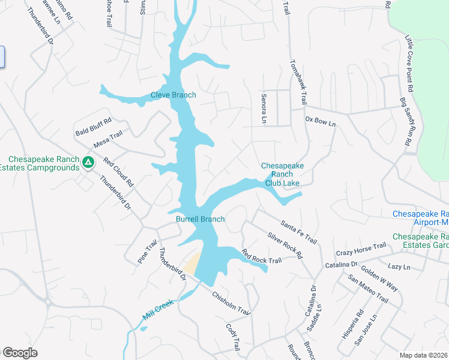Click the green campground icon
tap(88, 162)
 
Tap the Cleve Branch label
tap(173, 95)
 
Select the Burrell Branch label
tap(200, 219)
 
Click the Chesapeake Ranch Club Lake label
tap(282, 174)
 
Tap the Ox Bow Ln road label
tap(320, 121)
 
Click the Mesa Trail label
tap(108, 140)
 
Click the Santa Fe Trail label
tap(298, 231)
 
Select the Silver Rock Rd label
tap(285, 245)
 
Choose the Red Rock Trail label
tap(261, 256)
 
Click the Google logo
tap(20, 353)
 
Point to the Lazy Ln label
tap(399, 266)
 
